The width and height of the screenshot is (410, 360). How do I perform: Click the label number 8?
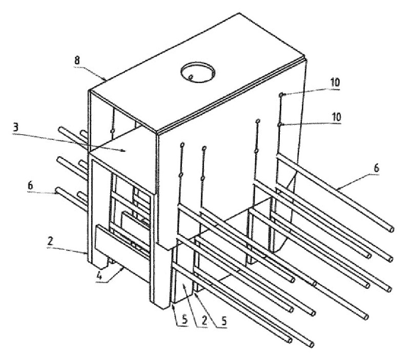point(77,60)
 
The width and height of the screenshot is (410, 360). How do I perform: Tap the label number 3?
point(16,128)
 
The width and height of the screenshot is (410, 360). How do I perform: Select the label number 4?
point(99,276)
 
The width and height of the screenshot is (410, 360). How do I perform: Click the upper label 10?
point(335,82)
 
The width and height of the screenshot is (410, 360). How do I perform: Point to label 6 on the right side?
point(376,168)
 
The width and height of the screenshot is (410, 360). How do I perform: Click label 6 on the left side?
point(30,186)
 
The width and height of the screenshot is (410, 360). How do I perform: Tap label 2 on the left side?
point(50,241)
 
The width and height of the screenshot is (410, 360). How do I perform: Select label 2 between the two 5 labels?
point(204,321)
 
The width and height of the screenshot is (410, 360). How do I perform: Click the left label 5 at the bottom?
point(184,320)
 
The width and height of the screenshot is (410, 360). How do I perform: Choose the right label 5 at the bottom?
point(224,321)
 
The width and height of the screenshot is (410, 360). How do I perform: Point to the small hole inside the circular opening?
point(191,77)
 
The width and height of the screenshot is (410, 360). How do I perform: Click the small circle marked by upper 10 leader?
point(281,95)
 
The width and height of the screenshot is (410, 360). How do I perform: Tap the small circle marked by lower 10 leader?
point(279,124)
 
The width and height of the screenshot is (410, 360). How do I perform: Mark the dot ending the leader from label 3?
point(122,150)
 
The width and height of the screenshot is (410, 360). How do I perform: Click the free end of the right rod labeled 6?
point(392,229)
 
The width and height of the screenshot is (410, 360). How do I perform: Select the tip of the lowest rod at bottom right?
point(311,345)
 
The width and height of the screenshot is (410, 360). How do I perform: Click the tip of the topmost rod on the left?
point(60,129)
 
